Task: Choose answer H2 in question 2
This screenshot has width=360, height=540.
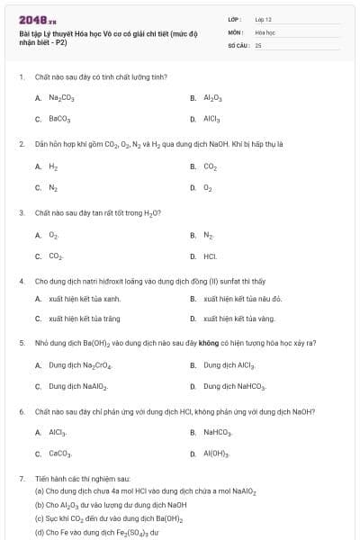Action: [53, 166]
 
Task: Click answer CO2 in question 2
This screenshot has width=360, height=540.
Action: [211, 166]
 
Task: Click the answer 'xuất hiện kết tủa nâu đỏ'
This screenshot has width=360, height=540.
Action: [243, 298]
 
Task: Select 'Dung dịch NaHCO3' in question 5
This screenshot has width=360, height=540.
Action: [235, 386]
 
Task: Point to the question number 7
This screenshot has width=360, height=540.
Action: [21, 480]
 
